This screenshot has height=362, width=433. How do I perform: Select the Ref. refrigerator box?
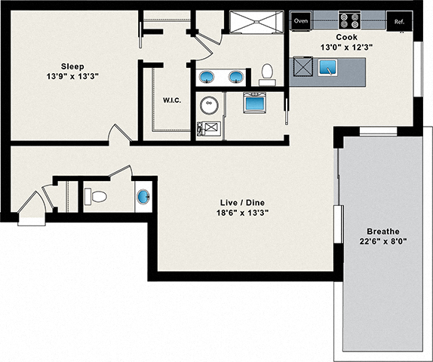click(399, 21)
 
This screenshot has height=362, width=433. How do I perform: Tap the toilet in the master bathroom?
click(266, 72)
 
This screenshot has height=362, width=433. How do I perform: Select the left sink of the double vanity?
click(206, 76)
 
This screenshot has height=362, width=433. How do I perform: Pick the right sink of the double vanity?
click(236, 76)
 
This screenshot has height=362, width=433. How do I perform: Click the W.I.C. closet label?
click(171, 100)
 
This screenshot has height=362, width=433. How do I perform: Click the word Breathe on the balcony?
click(382, 231)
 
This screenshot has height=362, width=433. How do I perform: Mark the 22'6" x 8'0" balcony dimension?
click(382, 242)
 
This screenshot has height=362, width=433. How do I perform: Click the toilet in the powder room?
click(96, 197)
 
